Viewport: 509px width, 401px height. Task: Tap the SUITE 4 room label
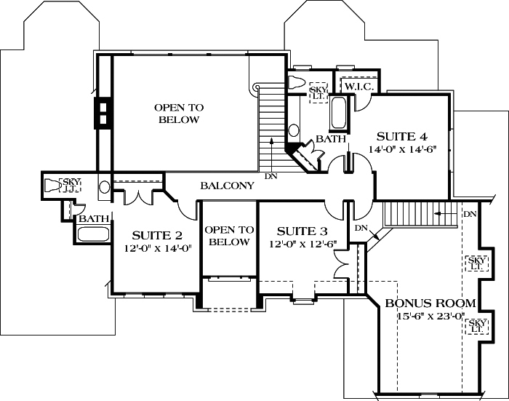coord(401,136)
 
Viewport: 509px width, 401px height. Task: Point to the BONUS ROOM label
coord(430,303)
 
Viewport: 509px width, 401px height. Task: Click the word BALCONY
coord(227,186)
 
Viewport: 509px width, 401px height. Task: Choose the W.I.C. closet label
coord(358,87)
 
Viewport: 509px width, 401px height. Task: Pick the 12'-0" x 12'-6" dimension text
coord(302,244)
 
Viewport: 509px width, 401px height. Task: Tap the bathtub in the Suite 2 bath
coord(92,234)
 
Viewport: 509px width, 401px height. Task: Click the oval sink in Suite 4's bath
coord(294,131)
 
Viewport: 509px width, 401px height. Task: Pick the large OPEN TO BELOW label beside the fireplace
coord(179,114)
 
